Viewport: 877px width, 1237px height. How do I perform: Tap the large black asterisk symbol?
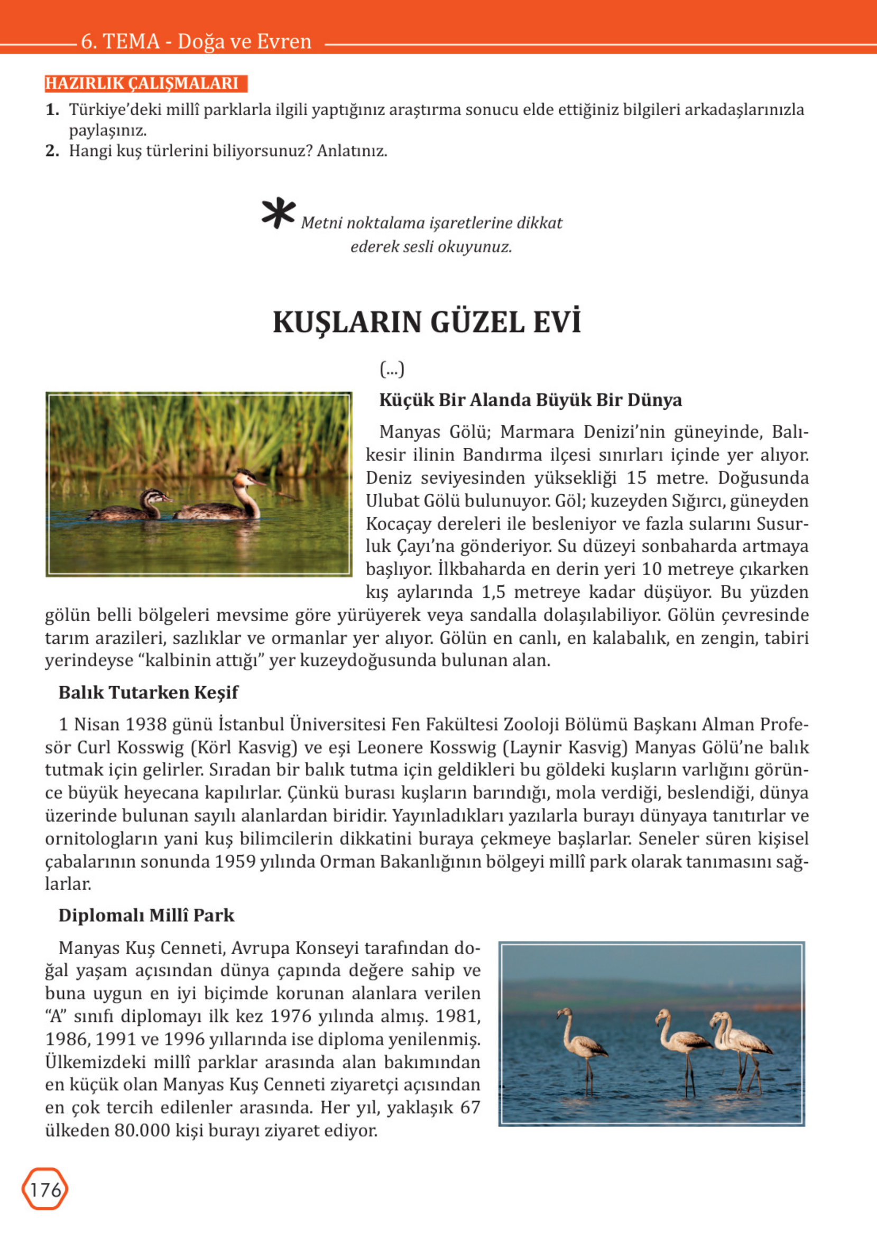(x=278, y=214)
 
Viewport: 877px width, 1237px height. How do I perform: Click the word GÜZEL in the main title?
(x=477, y=322)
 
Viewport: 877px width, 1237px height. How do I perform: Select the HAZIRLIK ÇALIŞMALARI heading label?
(x=143, y=83)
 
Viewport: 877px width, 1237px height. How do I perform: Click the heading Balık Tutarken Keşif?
(x=148, y=692)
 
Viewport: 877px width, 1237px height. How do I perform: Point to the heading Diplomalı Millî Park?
(x=146, y=915)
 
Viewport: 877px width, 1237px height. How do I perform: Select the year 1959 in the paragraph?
(x=235, y=861)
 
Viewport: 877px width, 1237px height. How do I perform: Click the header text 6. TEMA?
(x=120, y=41)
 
